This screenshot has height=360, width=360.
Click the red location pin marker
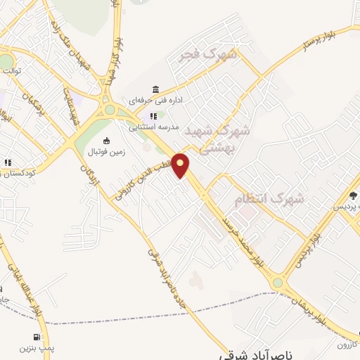[x=181, y=165]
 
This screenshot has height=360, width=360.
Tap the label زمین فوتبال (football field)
[x=106, y=152]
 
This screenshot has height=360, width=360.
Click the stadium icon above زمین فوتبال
[x=106, y=141]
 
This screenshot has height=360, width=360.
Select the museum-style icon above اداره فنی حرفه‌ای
[x=155, y=89]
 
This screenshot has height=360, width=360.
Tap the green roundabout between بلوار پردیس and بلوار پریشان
[x=278, y=283]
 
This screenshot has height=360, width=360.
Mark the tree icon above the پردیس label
[x=353, y=195]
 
